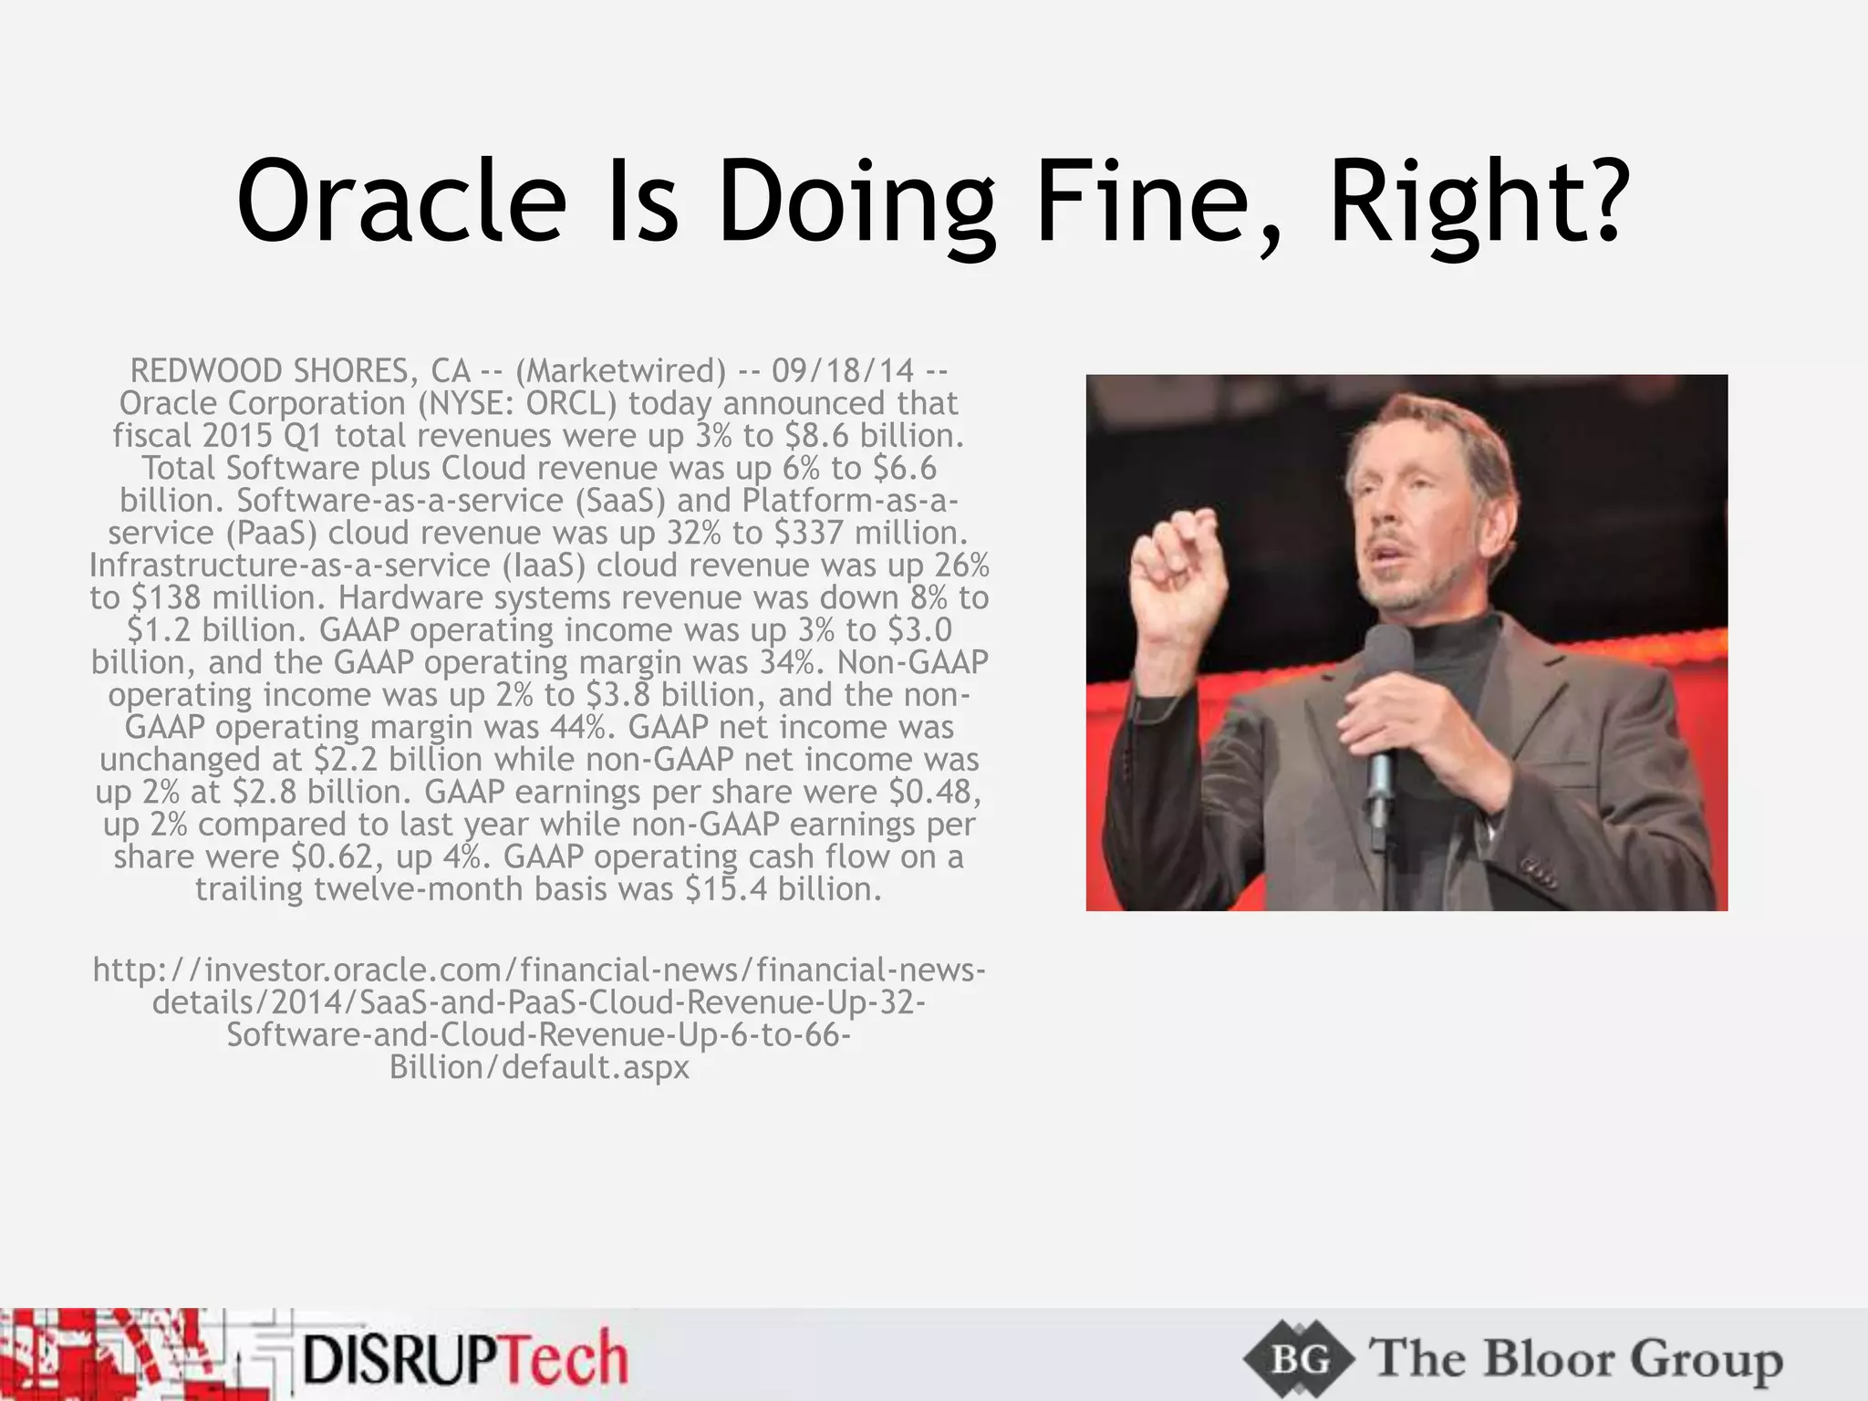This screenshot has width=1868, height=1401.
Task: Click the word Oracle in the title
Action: pos(401,202)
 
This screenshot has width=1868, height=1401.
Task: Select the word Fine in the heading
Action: pos(1157,202)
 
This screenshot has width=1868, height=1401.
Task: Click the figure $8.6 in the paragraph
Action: pos(815,436)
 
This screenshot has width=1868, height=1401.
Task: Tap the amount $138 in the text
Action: pos(165,597)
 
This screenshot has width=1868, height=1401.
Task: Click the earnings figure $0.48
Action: pos(929,792)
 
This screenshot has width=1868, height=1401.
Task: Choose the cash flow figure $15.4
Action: pos(726,889)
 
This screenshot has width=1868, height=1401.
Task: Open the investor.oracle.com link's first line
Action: pos(539,970)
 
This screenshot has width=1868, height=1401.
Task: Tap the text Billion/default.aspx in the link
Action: pos(539,1067)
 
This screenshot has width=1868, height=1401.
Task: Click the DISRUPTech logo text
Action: pos(465,1360)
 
